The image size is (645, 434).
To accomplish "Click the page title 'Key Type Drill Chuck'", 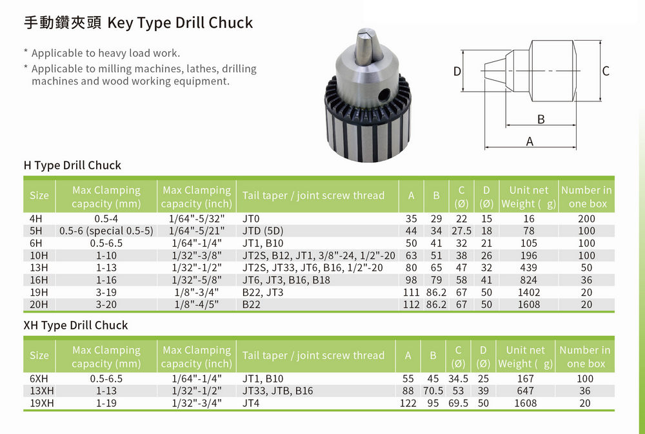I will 180,23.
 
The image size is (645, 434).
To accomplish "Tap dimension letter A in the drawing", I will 530,141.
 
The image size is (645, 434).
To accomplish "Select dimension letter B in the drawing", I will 541,119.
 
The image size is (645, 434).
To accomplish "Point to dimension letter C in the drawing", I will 606,71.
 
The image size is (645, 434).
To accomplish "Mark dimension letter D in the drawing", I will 457,72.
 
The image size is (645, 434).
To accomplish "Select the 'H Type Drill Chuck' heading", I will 72,165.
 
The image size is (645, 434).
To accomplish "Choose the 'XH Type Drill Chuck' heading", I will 75,325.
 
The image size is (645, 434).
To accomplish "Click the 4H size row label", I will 36,219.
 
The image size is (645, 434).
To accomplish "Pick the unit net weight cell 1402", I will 529,293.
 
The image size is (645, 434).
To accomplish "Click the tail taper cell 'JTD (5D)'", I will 263,231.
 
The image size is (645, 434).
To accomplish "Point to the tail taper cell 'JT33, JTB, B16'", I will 277,391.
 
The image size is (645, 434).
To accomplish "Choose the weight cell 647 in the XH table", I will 526,391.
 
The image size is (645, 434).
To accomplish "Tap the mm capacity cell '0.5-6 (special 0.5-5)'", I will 106,231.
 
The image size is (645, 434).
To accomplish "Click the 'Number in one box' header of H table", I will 586,196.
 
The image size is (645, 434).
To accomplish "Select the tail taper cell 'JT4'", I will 250,403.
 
